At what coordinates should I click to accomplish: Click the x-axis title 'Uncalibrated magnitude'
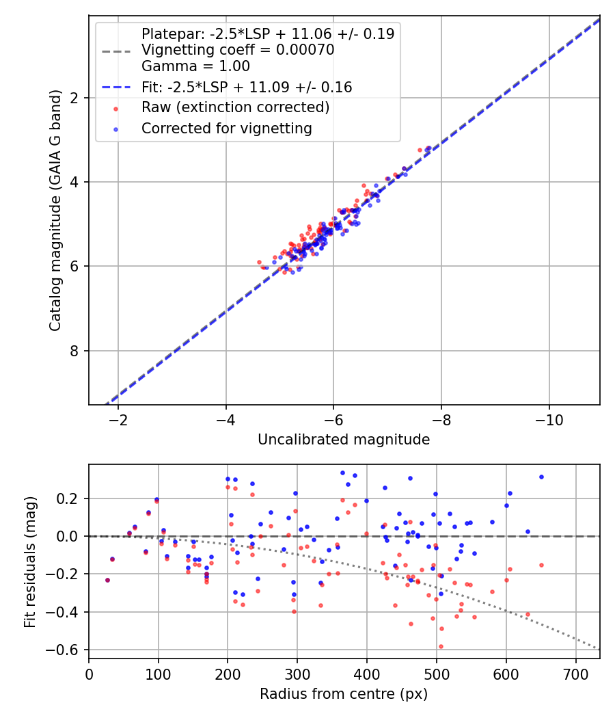click(344, 440)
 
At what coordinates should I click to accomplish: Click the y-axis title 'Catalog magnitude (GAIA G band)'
click(55, 211)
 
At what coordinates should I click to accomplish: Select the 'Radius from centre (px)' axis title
click(344, 693)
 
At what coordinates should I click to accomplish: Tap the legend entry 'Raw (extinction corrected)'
click(235, 107)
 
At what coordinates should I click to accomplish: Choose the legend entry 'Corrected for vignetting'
click(226, 128)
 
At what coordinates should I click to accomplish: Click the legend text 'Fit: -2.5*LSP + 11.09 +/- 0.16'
click(246, 87)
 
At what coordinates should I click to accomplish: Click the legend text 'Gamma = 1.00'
click(195, 66)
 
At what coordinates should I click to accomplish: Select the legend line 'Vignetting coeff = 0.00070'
click(237, 50)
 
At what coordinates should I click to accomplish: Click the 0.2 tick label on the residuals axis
click(71, 498)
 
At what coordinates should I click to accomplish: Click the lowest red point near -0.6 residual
click(345, 646)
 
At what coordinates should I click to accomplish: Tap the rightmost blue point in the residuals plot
click(541, 477)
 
